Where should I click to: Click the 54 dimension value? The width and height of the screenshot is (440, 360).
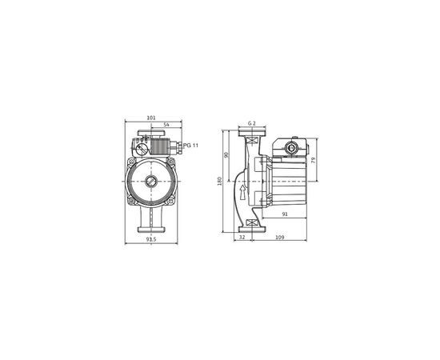pos(166,126)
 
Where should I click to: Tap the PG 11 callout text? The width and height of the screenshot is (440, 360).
pos(191,145)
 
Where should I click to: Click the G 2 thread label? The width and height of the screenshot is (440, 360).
pos(251,122)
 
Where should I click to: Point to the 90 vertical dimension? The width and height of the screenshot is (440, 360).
pos(226,154)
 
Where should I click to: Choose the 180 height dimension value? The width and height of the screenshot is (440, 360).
pos(219,181)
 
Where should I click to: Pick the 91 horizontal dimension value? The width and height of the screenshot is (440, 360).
pos(286,213)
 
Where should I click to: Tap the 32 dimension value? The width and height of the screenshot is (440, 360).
pos(242,238)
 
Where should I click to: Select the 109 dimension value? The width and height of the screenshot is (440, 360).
pos(279,238)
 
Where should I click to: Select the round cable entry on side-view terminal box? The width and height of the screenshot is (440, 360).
pos(289,147)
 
